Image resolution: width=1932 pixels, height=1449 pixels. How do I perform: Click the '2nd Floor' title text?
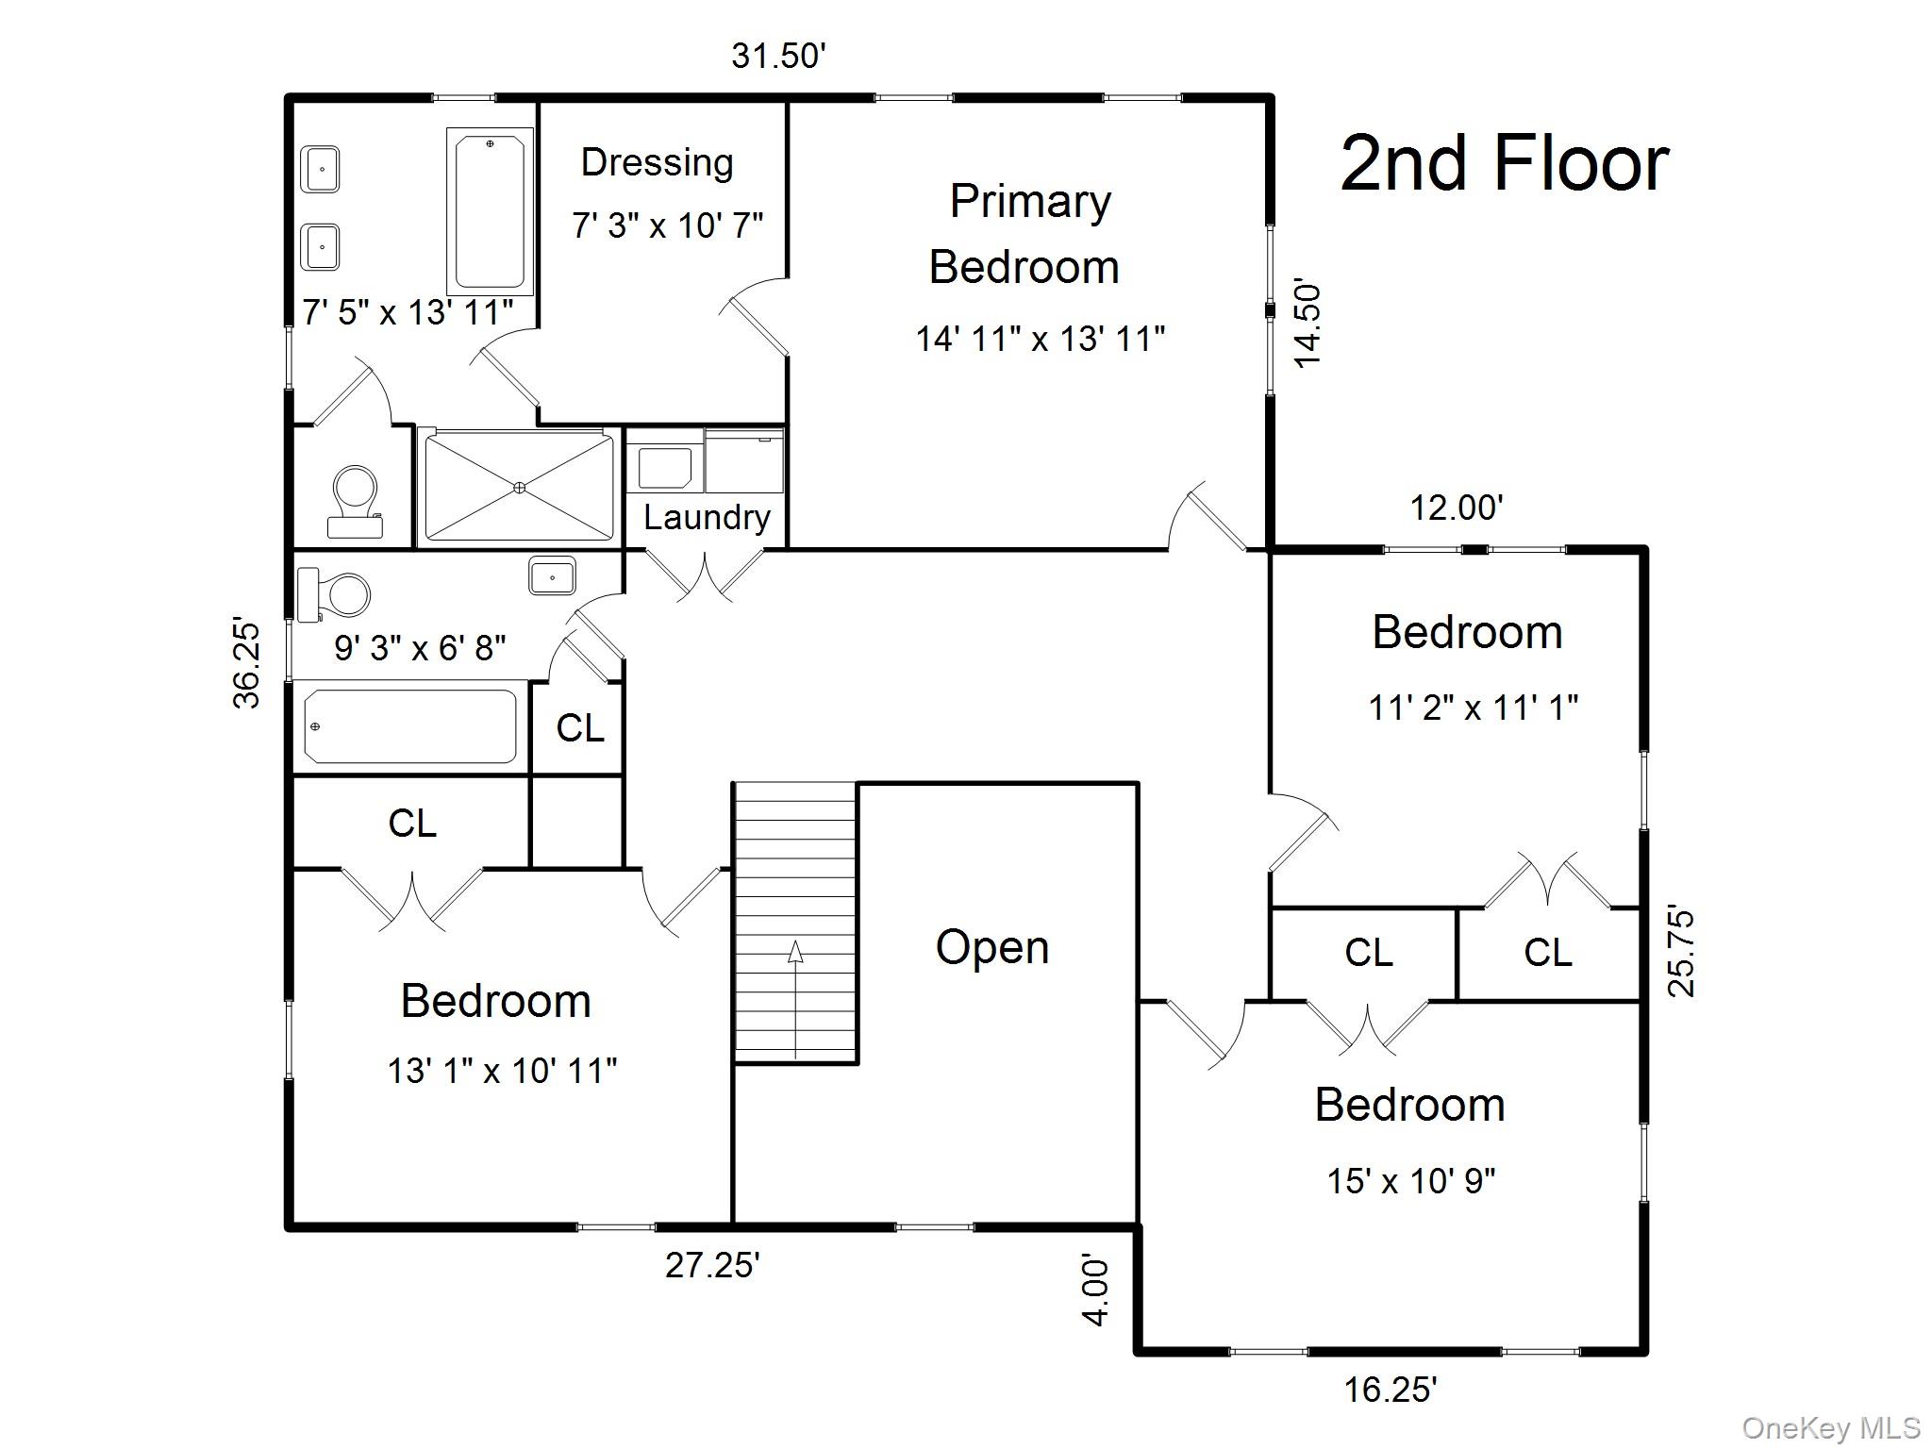pyautogui.click(x=1504, y=164)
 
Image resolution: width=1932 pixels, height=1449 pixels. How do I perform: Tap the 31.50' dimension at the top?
pyautogui.click(x=778, y=57)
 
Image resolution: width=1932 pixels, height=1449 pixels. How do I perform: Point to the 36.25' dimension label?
pyautogui.click(x=247, y=662)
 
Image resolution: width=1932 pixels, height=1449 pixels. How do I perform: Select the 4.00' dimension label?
pyautogui.click(x=1095, y=1290)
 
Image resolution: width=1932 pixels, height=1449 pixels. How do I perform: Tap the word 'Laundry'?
pyautogui.click(x=707, y=517)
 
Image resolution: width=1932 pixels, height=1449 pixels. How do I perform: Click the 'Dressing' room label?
pyautogui.click(x=657, y=162)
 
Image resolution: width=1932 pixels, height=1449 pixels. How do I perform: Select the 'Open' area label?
pyautogui.click(x=991, y=947)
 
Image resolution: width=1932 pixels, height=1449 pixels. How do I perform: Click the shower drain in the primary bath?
pyautogui.click(x=519, y=487)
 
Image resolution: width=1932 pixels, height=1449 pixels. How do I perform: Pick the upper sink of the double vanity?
pyautogui.click(x=321, y=170)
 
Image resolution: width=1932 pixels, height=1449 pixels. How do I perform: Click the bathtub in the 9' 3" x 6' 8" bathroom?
pyautogui.click(x=409, y=726)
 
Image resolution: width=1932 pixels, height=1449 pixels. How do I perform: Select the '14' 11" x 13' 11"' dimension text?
pyautogui.click(x=1040, y=339)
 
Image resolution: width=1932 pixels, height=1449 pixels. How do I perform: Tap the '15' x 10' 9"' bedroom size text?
pyautogui.click(x=1411, y=1180)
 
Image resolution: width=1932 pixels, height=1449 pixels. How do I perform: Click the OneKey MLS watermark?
pyautogui.click(x=1830, y=1428)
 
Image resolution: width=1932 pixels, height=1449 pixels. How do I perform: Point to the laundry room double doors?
pyautogui.click(x=706, y=574)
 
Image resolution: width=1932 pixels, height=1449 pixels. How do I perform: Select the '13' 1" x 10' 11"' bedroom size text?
pyautogui.click(x=502, y=1071)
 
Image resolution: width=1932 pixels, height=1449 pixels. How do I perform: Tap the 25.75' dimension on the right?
pyautogui.click(x=1681, y=953)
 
